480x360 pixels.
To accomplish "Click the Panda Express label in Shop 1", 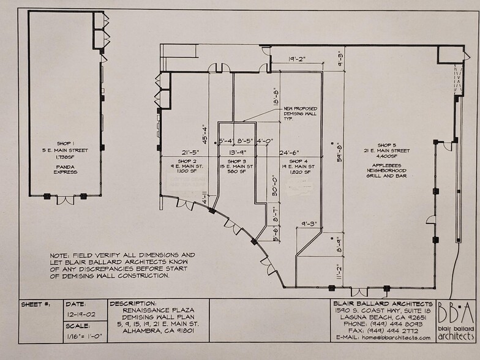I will tap(65, 168).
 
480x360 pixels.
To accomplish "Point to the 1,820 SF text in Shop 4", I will tap(301, 172).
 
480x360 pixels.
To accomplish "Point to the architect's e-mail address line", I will tap(380, 337).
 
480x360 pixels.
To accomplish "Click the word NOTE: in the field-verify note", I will tap(61, 254).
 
